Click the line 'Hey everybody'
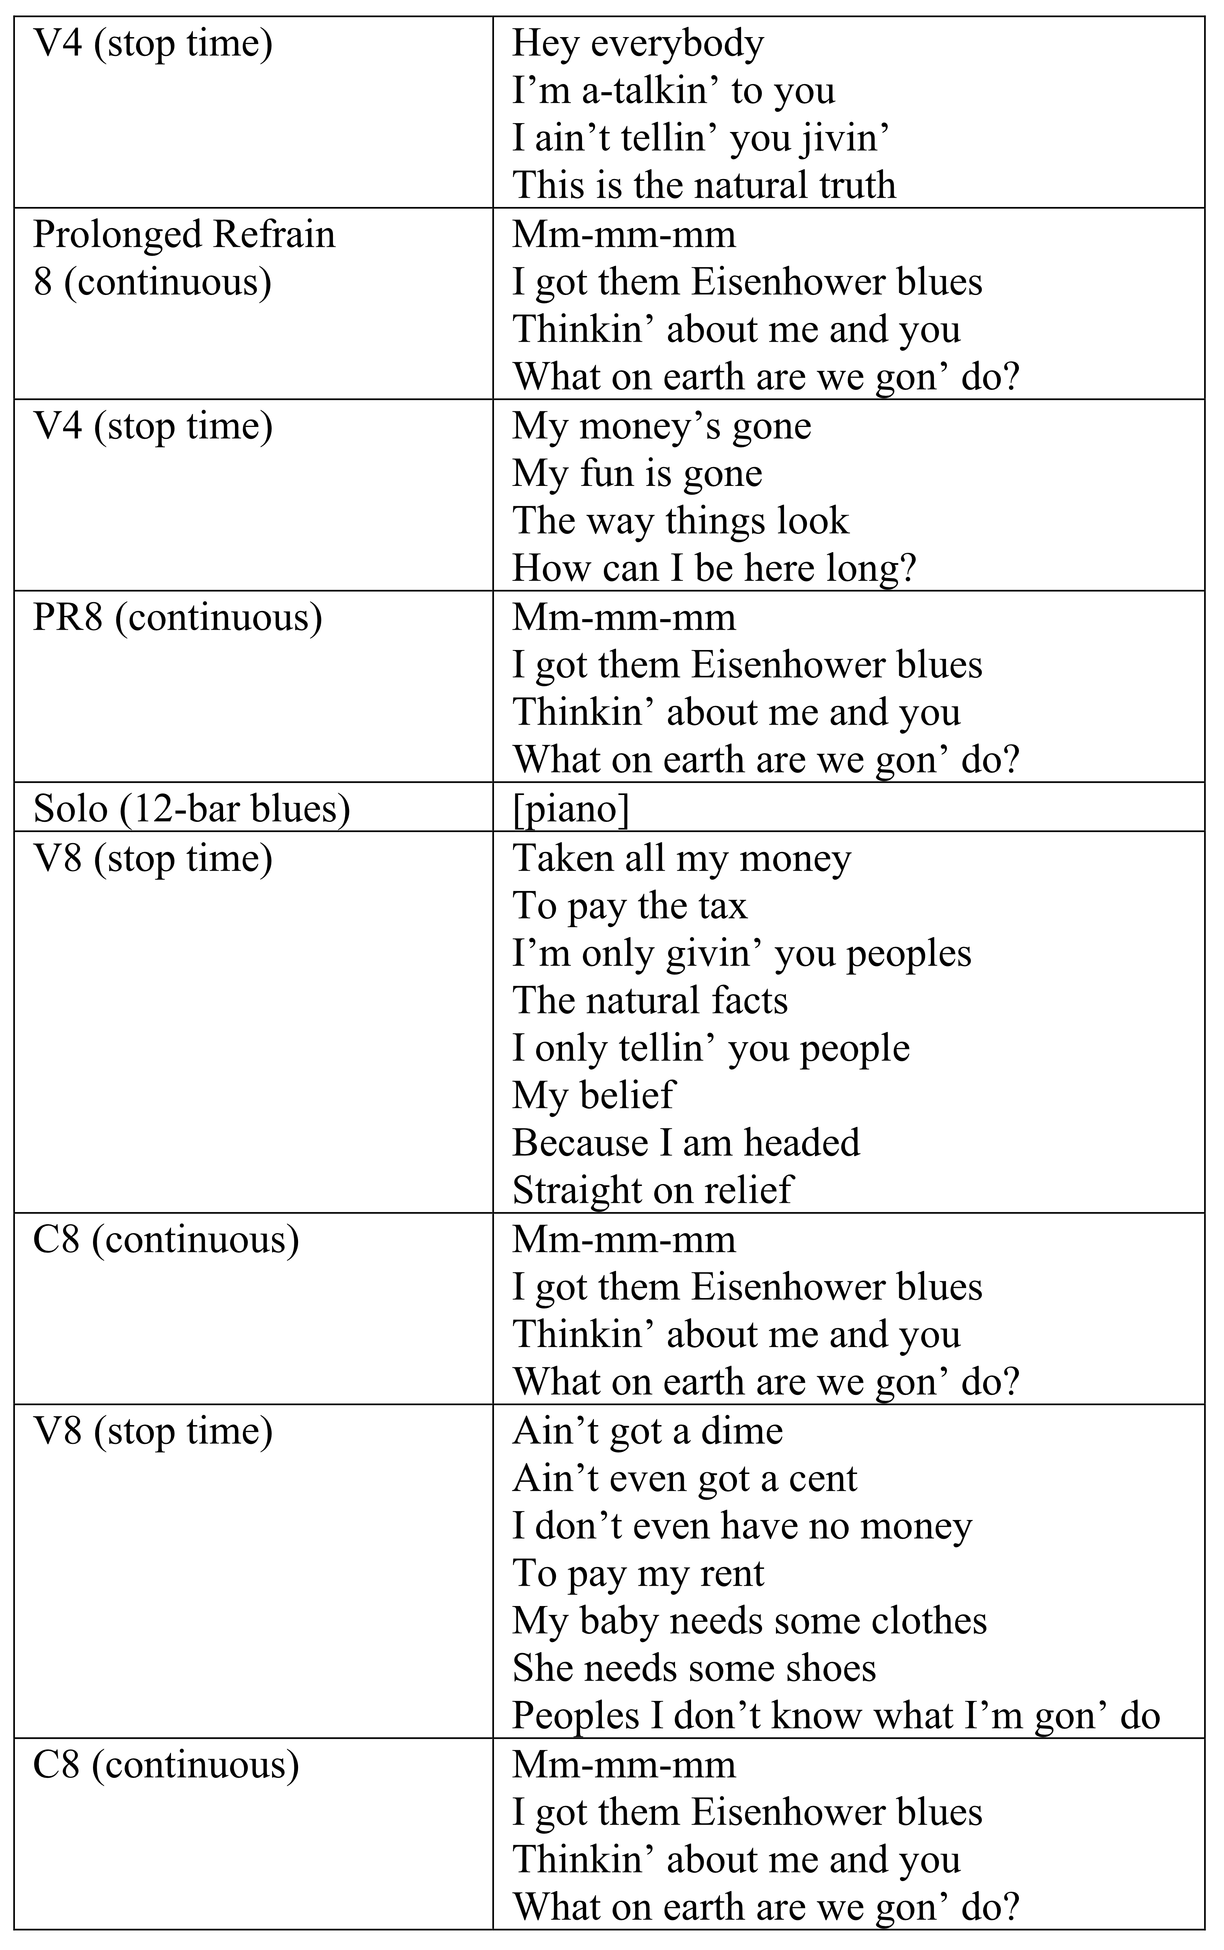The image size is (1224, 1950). click(x=638, y=44)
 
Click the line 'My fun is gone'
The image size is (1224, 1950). click(x=637, y=474)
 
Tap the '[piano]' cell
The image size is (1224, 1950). click(x=571, y=808)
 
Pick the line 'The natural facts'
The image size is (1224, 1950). click(x=650, y=1000)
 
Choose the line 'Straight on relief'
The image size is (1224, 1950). click(x=652, y=1190)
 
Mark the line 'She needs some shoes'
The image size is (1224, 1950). click(x=694, y=1668)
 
